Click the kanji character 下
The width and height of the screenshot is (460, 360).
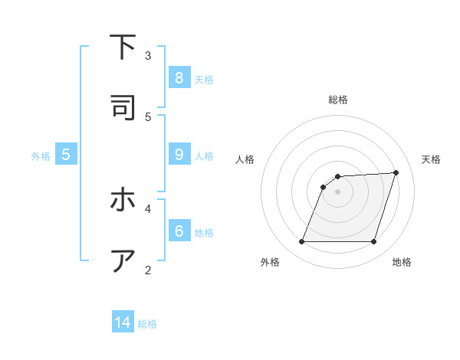[123, 47]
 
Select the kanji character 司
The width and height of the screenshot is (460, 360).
[123, 108]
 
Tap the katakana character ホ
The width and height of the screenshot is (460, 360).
[123, 200]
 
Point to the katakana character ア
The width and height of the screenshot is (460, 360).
[123, 260]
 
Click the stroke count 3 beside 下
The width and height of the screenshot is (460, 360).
[148, 55]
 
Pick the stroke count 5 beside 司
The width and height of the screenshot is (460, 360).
[148, 116]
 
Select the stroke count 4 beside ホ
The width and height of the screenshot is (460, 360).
[148, 208]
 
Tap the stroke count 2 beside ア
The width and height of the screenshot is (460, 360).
[148, 269]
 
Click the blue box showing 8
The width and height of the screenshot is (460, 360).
[179, 78]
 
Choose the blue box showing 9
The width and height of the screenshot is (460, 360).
[179, 155]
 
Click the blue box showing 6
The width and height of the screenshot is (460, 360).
[179, 231]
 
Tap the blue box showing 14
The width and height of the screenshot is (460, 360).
[123, 322]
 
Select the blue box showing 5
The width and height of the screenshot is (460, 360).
[66, 155]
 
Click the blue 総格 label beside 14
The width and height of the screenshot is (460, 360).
[147, 324]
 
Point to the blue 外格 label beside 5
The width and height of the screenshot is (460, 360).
[41, 156]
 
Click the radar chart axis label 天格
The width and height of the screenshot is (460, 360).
[431, 159]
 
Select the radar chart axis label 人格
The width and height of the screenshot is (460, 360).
[245, 159]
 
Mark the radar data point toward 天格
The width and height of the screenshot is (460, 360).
[396, 172]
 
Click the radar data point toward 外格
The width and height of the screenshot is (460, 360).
[302, 242]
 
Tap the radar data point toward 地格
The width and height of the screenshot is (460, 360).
[373, 242]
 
